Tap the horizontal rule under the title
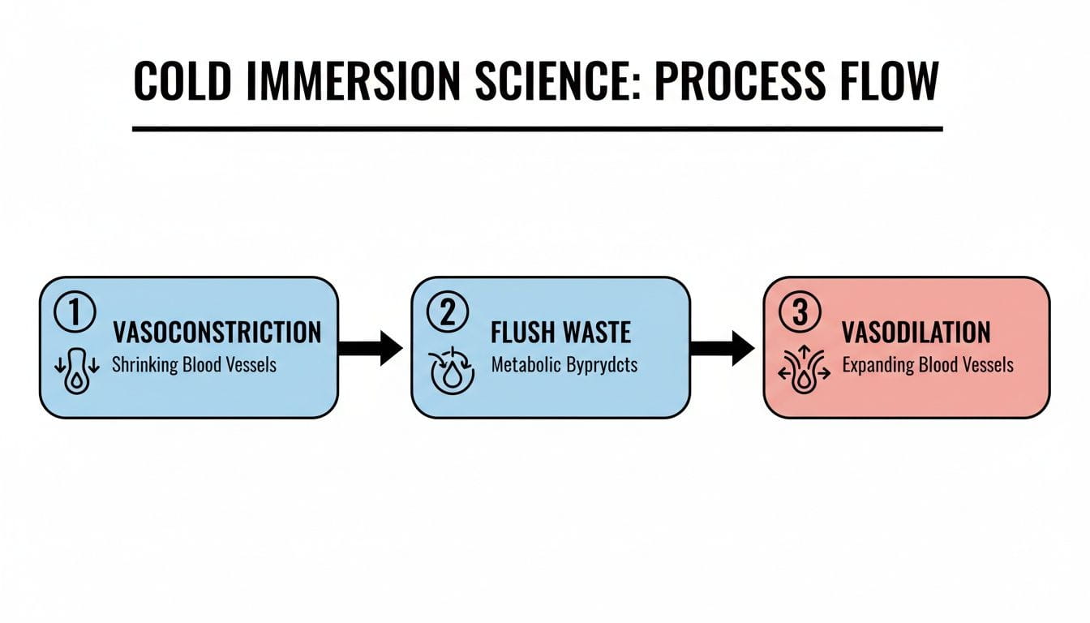[537, 128]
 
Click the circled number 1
[74, 313]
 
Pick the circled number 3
[800, 313]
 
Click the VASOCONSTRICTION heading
[217, 332]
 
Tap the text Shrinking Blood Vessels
[194, 364]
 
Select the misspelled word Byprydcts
[601, 364]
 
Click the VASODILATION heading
[916, 332]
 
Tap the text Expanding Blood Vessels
[928, 364]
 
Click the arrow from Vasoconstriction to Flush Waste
[370, 348]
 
